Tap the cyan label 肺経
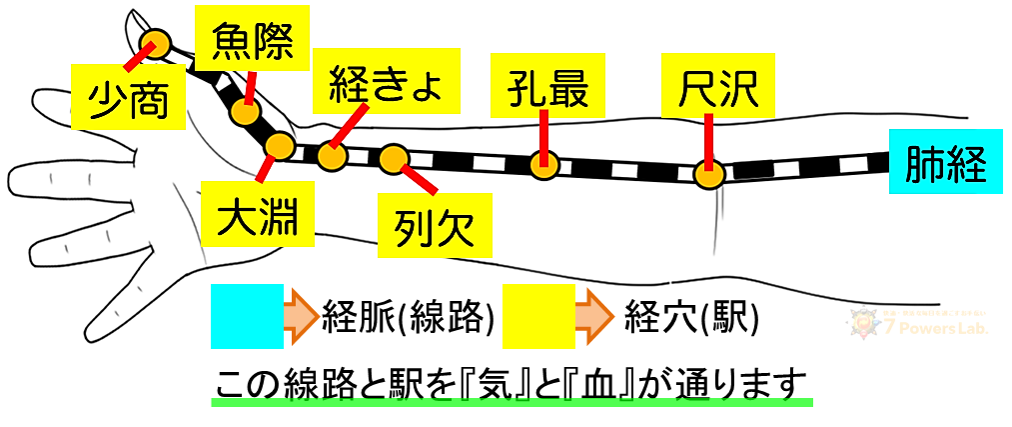click(x=946, y=166)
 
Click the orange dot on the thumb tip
click(x=156, y=43)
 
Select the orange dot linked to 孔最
click(x=543, y=165)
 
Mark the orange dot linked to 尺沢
click(x=708, y=176)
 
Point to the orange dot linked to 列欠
click(x=394, y=157)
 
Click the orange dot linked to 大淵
click(x=279, y=148)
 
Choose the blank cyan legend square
click(x=247, y=316)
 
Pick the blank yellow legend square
click(x=538, y=316)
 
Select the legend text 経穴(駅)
click(x=691, y=317)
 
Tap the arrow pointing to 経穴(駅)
click(x=594, y=316)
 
